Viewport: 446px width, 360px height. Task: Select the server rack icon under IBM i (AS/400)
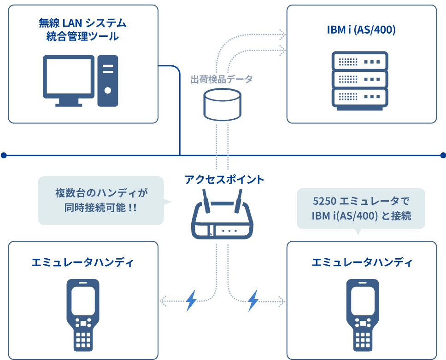point(360,80)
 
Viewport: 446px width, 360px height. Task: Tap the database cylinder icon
point(222,105)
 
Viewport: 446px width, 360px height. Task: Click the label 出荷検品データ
point(222,79)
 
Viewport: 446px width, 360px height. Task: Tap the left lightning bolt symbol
point(191,301)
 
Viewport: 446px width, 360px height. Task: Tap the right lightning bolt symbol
point(253,301)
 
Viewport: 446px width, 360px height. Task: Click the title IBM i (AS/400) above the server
point(362,30)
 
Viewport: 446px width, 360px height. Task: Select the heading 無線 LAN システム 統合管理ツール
point(83,29)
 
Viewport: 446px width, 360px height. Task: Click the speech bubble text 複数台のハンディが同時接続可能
point(101,200)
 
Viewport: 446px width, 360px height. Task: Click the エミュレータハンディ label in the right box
point(362,262)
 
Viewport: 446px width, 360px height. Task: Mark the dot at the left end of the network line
point(4,155)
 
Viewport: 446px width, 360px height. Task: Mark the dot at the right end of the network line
point(443,155)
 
